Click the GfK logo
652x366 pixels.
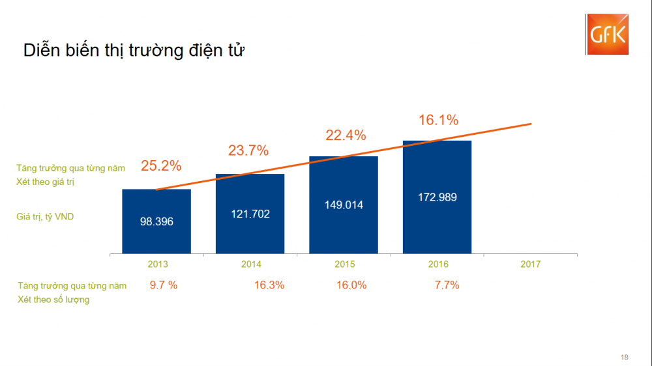click(x=606, y=35)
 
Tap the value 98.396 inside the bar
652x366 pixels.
click(x=156, y=221)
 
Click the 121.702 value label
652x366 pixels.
click(x=250, y=214)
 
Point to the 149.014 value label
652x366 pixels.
click(x=344, y=204)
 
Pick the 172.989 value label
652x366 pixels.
click(x=437, y=197)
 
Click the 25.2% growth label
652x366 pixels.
click(x=160, y=166)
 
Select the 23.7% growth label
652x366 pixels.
click(x=248, y=150)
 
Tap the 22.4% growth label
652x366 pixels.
click(x=346, y=135)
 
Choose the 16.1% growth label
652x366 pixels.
click(x=438, y=120)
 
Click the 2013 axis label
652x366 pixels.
click(x=157, y=264)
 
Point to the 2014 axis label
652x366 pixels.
click(x=251, y=264)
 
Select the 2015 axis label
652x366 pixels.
click(x=344, y=264)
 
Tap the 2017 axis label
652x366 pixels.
click(x=531, y=264)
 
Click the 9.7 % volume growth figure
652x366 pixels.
click(x=163, y=285)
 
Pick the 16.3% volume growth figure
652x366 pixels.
click(x=269, y=285)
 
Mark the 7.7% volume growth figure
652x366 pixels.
click(x=447, y=285)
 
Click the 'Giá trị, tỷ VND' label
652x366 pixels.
click(x=45, y=216)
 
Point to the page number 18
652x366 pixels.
click(x=625, y=357)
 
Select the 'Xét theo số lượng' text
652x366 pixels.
click(x=54, y=300)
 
